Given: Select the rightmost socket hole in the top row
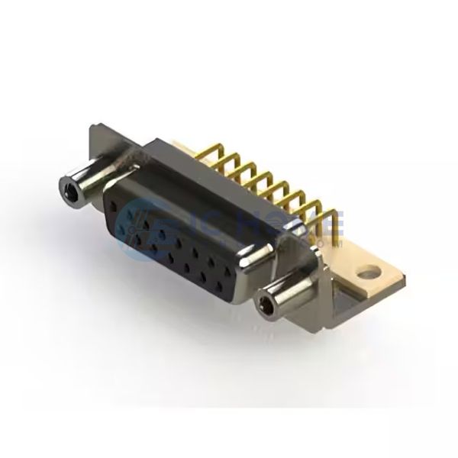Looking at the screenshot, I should click(x=230, y=266).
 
